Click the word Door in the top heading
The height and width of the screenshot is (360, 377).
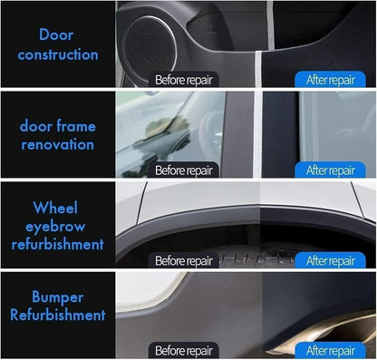point(56,34)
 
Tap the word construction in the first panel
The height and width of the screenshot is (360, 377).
point(58,54)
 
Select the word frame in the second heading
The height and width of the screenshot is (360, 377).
point(76,125)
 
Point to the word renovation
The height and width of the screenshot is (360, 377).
point(58,144)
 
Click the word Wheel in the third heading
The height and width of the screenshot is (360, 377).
point(55,208)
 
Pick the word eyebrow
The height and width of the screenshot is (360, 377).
point(55,227)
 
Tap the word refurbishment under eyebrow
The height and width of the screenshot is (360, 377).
point(58,244)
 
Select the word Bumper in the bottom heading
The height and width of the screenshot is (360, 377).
point(58,297)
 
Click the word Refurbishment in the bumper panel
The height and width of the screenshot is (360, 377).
point(58,315)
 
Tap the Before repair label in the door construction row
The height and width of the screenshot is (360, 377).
point(183,80)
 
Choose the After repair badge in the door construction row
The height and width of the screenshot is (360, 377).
point(330,80)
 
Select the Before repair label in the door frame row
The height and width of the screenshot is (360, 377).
point(183,170)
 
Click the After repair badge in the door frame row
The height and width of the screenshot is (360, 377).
point(330,170)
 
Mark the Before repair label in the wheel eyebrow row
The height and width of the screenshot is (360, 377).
point(183,260)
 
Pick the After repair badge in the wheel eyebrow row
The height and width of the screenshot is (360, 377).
point(330,260)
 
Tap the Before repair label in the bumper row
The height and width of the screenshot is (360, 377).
point(183,350)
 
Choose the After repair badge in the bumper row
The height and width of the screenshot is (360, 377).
point(330,350)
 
